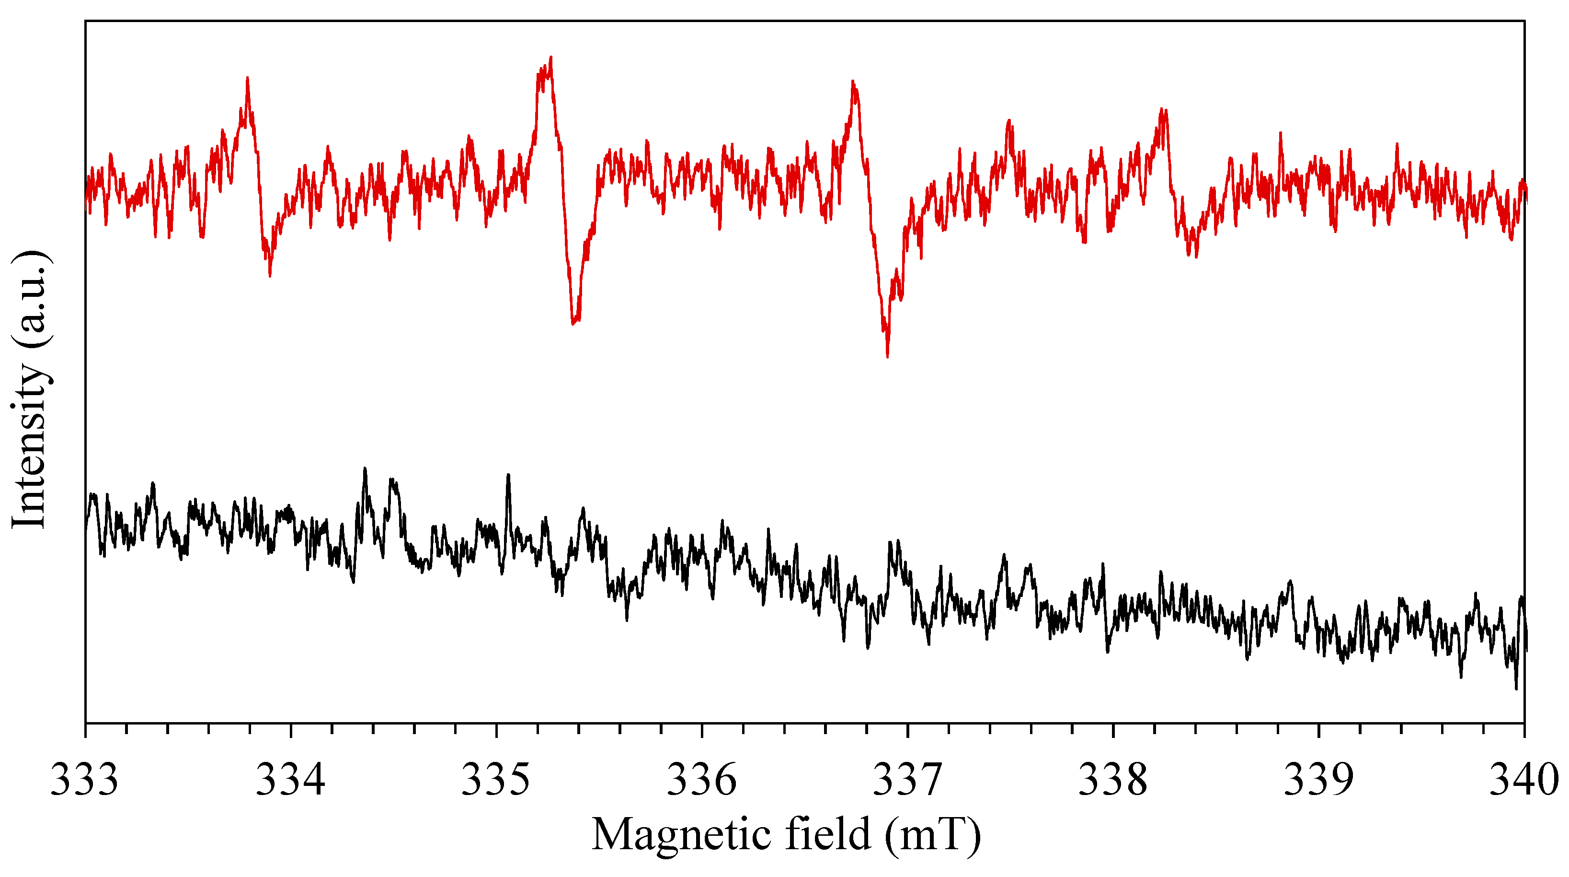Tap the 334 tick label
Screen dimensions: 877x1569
click(x=290, y=780)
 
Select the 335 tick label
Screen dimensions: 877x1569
click(x=496, y=780)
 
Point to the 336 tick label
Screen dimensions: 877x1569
click(x=702, y=780)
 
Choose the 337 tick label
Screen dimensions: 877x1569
click(x=907, y=780)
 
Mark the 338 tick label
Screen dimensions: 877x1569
click(x=1113, y=780)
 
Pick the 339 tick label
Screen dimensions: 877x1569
click(x=1318, y=780)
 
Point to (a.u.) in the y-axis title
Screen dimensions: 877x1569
click(x=29, y=299)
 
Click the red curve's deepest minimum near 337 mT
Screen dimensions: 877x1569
click(x=887, y=356)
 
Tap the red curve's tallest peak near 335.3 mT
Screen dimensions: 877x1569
click(x=550, y=58)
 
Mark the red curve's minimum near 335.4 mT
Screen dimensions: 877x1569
click(x=573, y=323)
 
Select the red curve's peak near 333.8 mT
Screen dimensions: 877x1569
click(x=247, y=78)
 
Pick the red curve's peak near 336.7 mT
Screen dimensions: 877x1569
click(x=853, y=82)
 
